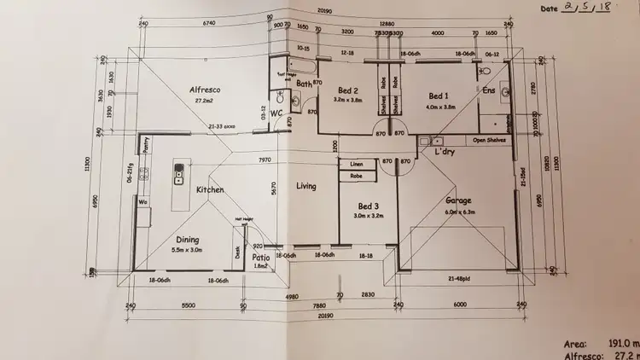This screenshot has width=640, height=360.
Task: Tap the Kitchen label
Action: tap(210, 190)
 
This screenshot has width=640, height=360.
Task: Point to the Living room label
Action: tap(305, 186)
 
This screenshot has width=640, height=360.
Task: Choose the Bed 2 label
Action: tap(346, 90)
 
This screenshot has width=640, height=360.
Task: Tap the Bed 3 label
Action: tap(368, 206)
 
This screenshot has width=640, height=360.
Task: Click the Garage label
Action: tap(458, 201)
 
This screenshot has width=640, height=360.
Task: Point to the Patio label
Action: tap(262, 257)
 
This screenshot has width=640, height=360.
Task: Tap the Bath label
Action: tap(305, 84)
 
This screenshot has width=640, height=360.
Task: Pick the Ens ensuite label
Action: tap(489, 90)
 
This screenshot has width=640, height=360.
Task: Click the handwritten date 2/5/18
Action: tap(590, 8)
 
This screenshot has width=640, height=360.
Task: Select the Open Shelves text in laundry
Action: tap(490, 138)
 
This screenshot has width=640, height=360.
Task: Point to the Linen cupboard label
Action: tap(357, 164)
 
